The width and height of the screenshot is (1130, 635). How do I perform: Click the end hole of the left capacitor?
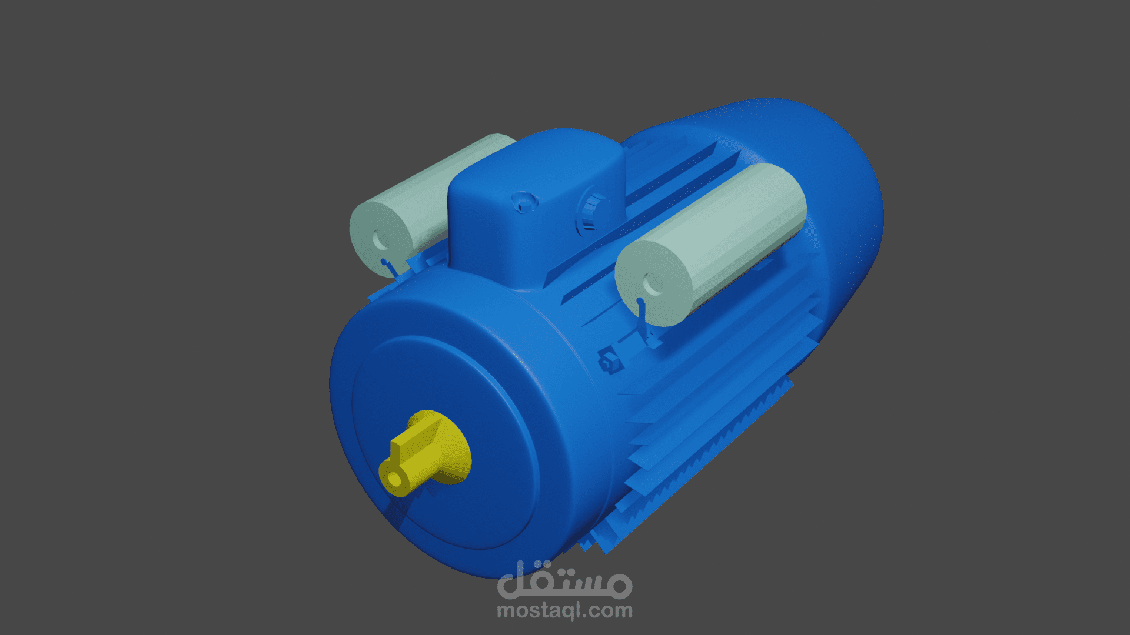378,239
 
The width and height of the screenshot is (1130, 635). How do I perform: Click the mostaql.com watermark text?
564,611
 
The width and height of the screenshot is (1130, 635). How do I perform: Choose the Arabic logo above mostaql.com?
564,579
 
